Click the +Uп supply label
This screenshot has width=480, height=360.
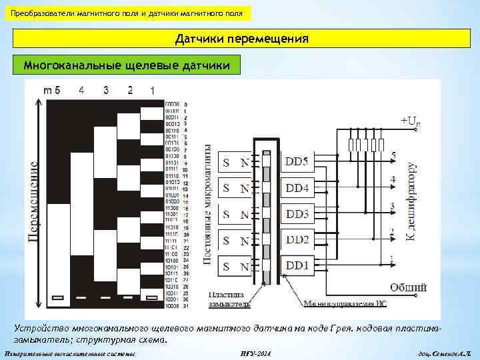pos(410,121)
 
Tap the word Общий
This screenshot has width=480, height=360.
pos(408,287)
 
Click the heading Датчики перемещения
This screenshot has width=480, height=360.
pos(242,39)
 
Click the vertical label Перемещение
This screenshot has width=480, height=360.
pos(33,199)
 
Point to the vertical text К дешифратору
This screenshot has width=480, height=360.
pos(411,201)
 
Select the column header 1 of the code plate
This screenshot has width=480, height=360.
pos(153,90)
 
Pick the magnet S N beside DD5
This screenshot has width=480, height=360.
pos(235,162)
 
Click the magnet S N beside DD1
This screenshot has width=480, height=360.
pos(235,266)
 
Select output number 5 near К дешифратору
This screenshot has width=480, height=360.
pos(393,155)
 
